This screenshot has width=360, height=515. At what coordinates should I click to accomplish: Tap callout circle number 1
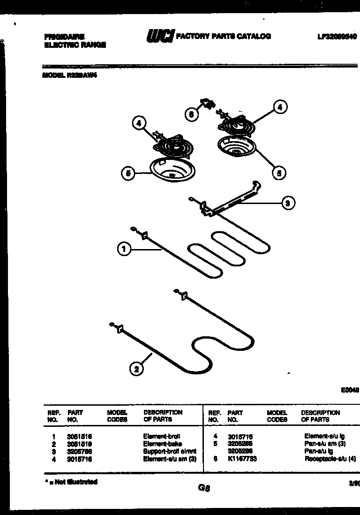[123, 250]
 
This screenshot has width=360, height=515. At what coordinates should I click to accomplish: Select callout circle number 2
[136, 369]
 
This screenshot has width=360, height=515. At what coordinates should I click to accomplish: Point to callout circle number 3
[287, 203]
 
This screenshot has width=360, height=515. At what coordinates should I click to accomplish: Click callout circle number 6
[191, 114]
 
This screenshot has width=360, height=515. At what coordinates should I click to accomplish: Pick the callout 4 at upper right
[279, 107]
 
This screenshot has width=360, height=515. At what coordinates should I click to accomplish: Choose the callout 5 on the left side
[127, 174]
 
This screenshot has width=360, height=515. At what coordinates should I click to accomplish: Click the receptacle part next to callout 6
[205, 103]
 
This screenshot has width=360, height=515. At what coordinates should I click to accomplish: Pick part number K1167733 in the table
[242, 460]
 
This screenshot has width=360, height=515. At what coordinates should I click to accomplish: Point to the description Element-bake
[162, 444]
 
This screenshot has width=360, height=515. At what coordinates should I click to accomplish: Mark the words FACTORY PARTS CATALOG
[223, 36]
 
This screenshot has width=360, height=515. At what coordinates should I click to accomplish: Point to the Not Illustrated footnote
[71, 482]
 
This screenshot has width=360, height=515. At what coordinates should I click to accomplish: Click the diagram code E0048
[350, 389]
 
